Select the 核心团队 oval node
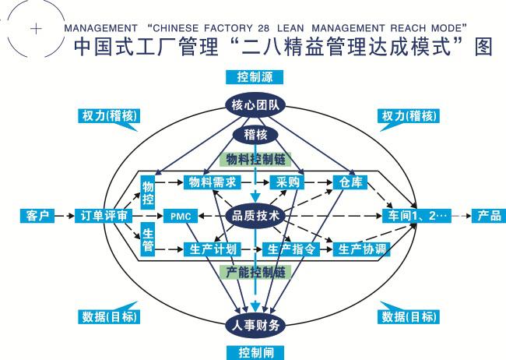(255, 105)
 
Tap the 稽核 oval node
(255, 135)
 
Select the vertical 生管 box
(148, 240)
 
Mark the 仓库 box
(346, 182)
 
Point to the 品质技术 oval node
(255, 216)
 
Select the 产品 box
(487, 216)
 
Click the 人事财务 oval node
(255, 324)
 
